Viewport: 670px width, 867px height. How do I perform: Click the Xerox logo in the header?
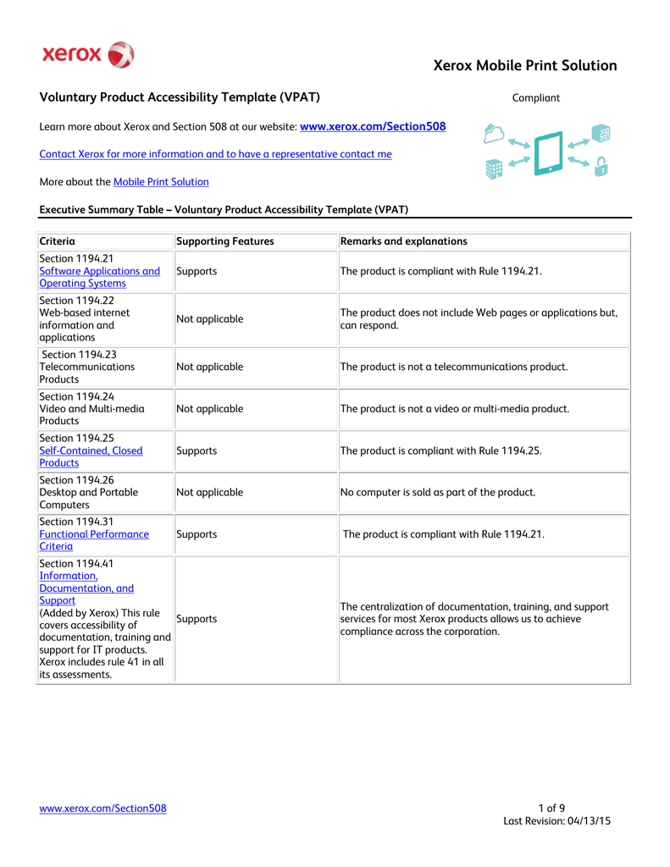click(88, 55)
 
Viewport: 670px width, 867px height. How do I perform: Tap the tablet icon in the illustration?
click(549, 153)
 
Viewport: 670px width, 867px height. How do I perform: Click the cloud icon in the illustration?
click(494, 134)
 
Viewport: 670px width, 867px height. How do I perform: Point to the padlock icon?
click(601, 166)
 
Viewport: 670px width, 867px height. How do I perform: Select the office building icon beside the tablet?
click(494, 168)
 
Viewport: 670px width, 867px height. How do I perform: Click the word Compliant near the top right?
click(535, 98)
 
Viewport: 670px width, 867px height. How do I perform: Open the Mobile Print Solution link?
click(161, 182)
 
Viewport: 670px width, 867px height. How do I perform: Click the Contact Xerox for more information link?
click(216, 154)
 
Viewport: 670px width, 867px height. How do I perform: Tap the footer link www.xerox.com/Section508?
click(103, 809)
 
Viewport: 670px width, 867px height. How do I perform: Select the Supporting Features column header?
click(225, 241)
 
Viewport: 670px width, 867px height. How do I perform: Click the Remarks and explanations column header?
click(403, 241)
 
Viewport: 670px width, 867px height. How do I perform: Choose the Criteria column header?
click(58, 241)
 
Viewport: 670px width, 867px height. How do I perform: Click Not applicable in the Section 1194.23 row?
click(209, 367)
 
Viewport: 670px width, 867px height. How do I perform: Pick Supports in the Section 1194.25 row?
click(197, 451)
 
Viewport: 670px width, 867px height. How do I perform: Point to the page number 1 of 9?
click(551, 808)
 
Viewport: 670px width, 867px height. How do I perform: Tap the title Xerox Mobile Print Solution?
click(524, 66)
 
